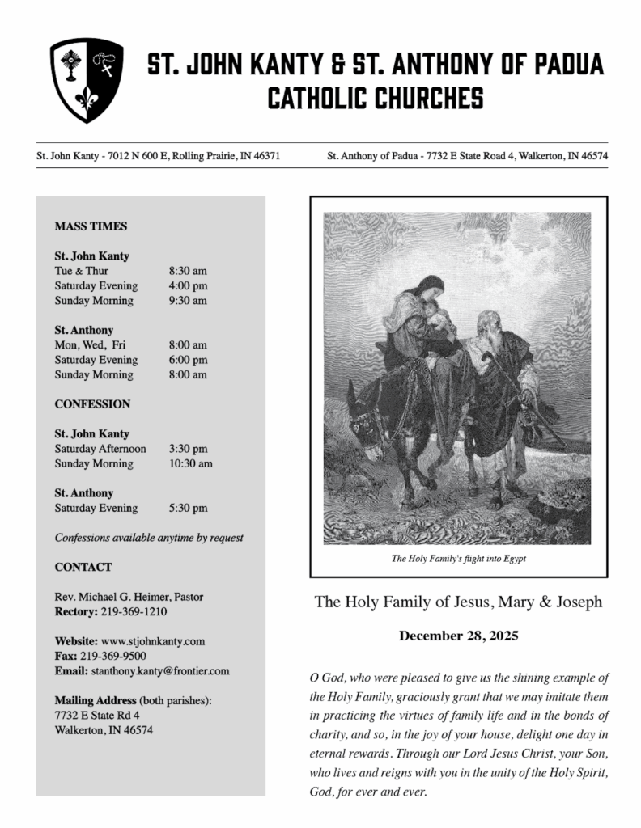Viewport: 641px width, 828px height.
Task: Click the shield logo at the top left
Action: [87, 79]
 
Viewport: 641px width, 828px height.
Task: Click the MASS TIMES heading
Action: [91, 226]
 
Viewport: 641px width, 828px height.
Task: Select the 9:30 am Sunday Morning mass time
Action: [188, 301]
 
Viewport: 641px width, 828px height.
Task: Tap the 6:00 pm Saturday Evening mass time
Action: [188, 360]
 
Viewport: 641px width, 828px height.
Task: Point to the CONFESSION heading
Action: [92, 403]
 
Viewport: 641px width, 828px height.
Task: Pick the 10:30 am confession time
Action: [191, 464]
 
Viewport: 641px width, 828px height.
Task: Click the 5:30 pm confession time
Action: [188, 509]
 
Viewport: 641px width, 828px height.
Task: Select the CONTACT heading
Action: [83, 567]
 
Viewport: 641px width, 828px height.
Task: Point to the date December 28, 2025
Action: [458, 636]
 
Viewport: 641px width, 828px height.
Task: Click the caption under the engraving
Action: [457, 558]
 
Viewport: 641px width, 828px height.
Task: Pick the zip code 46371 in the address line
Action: [266, 154]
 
